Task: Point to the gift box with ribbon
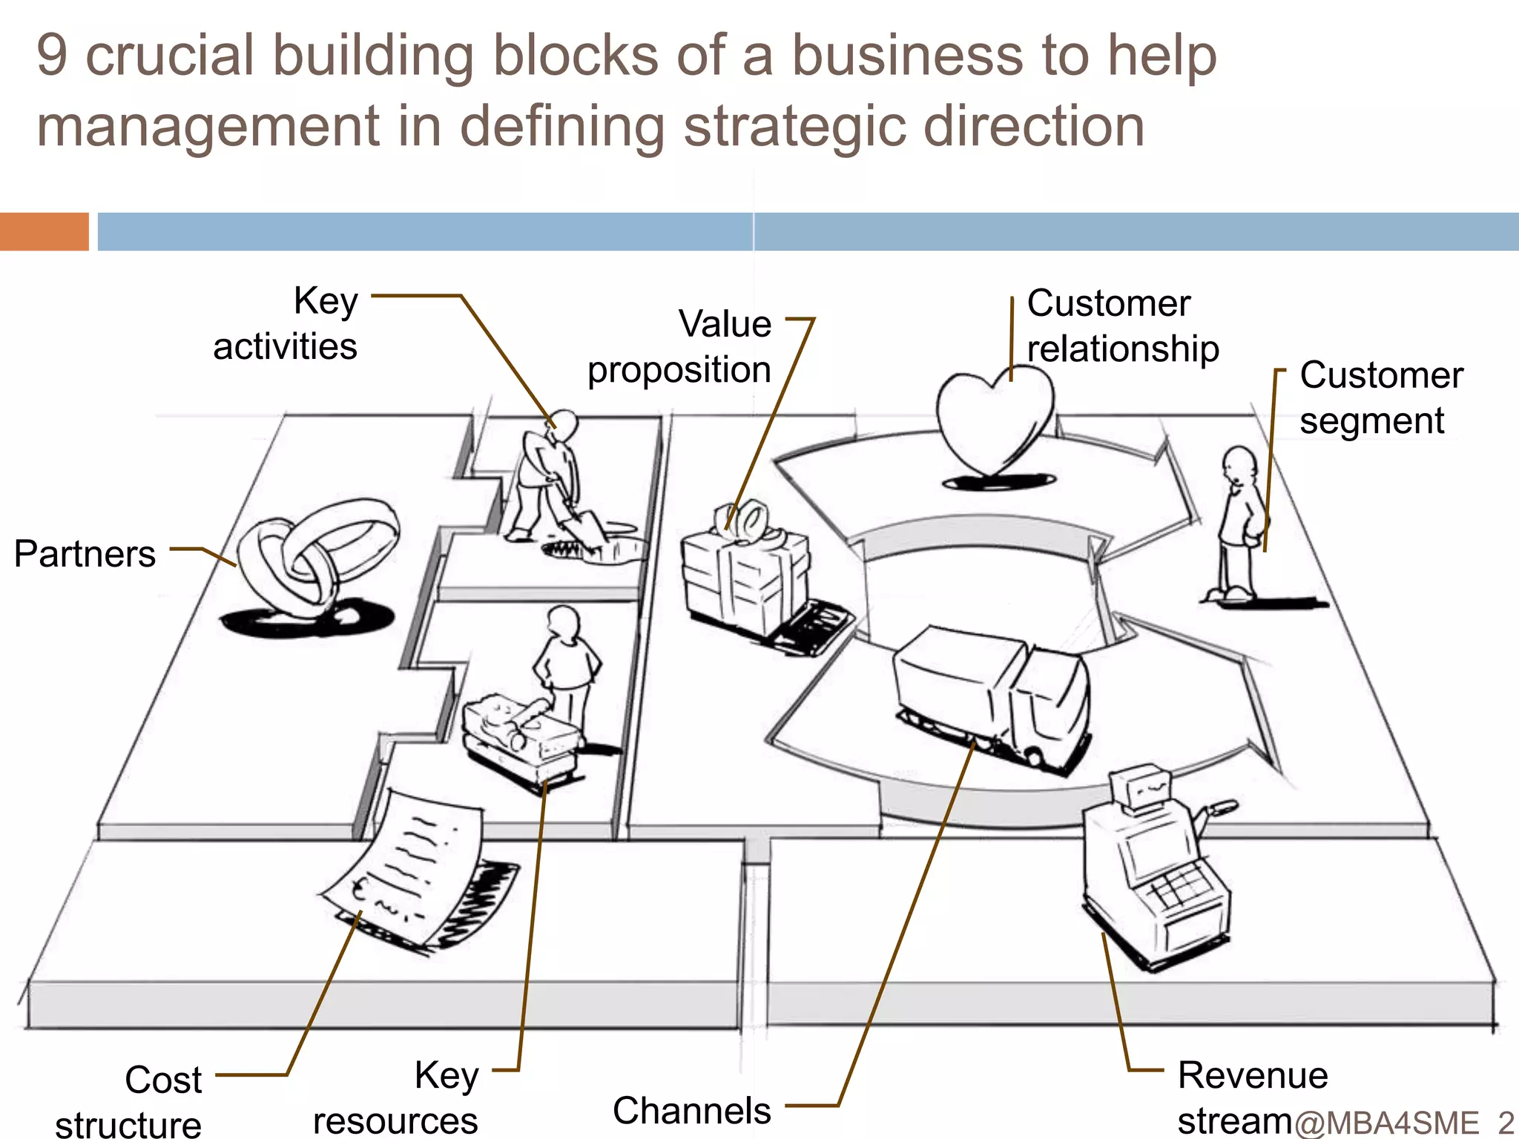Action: click(745, 571)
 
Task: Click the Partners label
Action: click(85, 554)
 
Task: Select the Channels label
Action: click(691, 1111)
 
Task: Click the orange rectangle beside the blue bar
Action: click(45, 231)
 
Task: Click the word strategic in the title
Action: click(795, 126)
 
